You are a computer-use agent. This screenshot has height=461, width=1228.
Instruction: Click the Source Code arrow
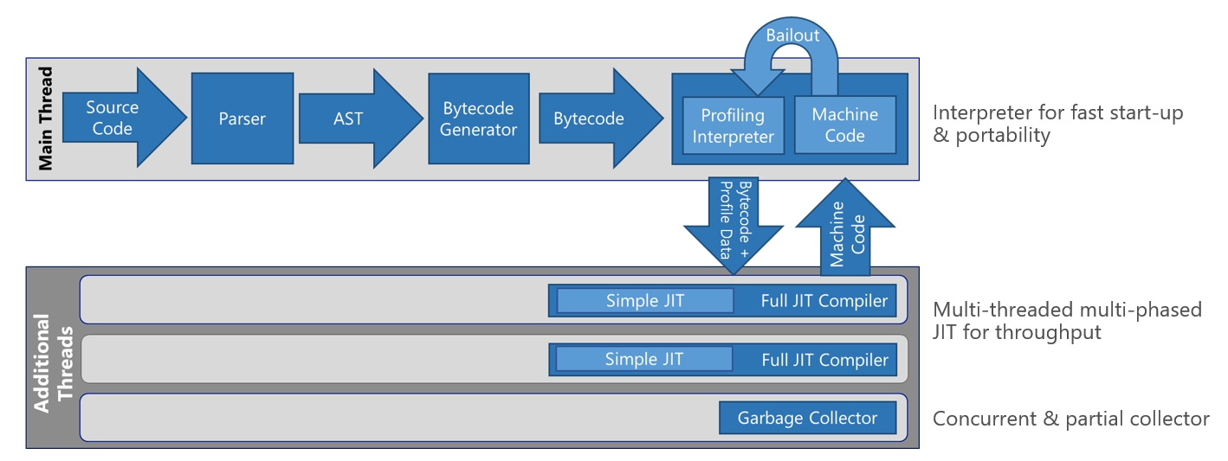[113, 118]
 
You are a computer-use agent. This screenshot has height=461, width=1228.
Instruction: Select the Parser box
[242, 118]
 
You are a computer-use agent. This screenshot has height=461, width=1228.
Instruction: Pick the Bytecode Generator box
[478, 118]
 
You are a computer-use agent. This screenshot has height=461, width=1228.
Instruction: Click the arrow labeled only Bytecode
[589, 118]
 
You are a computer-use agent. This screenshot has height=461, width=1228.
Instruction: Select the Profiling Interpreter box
[733, 126]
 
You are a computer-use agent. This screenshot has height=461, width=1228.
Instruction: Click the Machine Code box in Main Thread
[844, 125]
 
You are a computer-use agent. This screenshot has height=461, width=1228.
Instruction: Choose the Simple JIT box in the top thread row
[644, 301]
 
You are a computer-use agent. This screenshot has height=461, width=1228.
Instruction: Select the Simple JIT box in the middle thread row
[643, 359]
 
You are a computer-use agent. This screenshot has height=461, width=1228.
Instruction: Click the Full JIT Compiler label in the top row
[824, 301]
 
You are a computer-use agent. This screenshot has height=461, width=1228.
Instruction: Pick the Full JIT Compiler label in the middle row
[824, 360]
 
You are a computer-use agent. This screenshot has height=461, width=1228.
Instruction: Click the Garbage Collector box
[807, 419]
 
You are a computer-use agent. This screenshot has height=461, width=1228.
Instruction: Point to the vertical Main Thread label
[46, 118]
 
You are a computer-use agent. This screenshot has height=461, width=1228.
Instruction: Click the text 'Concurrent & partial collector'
[1070, 419]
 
